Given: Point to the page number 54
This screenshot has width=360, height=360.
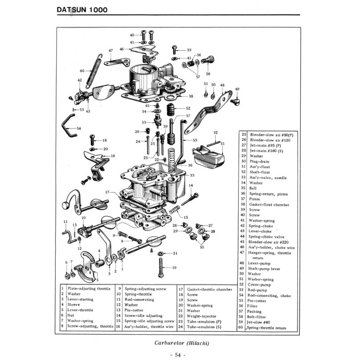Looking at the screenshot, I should click(180, 355).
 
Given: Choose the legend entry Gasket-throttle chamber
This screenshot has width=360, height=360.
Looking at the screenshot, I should click(209, 289).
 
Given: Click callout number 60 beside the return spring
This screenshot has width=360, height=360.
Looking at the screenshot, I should click(82, 71).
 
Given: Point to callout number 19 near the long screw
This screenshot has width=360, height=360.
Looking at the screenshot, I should click(174, 267).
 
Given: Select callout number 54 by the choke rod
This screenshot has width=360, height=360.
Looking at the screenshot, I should click(79, 128).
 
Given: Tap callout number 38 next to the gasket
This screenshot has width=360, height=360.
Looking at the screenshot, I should click(191, 96).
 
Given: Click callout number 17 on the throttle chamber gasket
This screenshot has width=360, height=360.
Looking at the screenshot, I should click(107, 192).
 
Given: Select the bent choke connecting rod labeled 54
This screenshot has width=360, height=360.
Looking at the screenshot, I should click(68, 126).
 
